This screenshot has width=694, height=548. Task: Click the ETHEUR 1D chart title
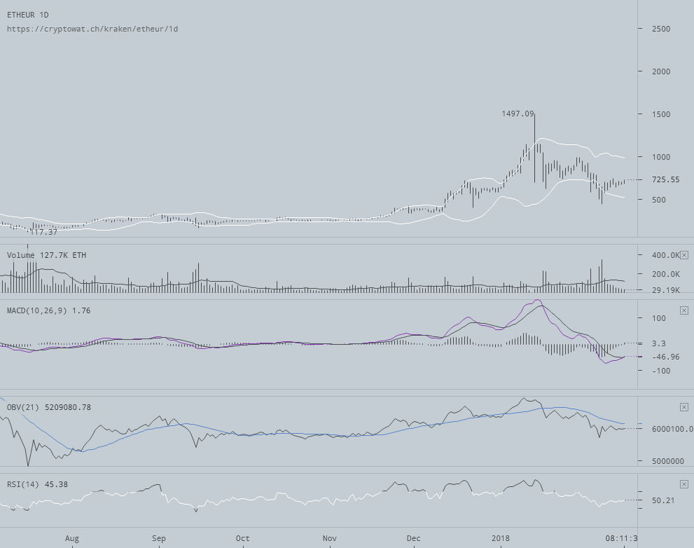[x=28, y=15]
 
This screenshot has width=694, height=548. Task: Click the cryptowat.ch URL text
[x=92, y=29]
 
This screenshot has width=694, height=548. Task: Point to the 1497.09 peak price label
[x=518, y=114]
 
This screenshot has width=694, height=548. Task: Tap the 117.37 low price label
[x=43, y=232]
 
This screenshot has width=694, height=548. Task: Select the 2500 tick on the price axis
[x=660, y=29]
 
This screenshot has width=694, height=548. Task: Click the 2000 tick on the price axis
[x=660, y=71]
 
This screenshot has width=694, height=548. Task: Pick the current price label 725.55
[x=665, y=180]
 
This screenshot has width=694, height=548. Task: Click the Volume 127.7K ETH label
[x=46, y=255]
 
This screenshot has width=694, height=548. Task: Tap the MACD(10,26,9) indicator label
[x=48, y=310]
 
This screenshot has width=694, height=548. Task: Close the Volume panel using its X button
[x=684, y=255]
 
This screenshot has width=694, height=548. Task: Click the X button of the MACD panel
[x=684, y=310]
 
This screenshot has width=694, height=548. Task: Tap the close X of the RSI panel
[x=684, y=484]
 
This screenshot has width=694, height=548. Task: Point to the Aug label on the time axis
[x=72, y=538]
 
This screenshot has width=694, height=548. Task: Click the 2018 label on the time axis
[x=501, y=538]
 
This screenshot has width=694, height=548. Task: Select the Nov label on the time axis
[x=329, y=538]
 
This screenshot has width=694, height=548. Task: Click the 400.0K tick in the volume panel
[x=665, y=255]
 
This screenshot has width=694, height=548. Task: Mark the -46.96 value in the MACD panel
[x=665, y=357]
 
